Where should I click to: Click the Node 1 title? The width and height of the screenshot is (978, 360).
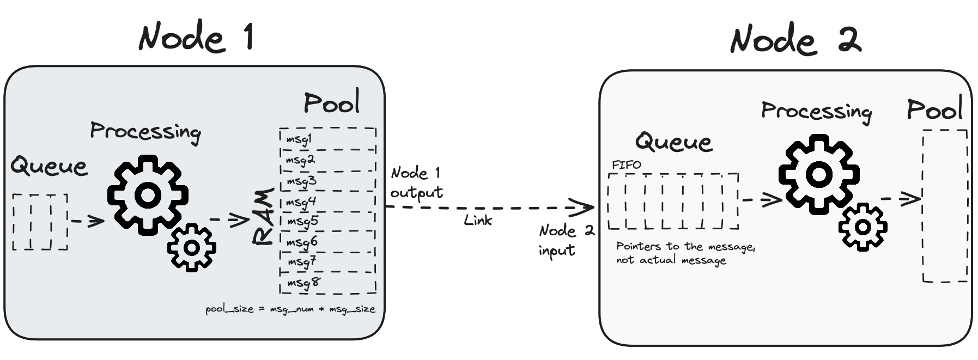[x=196, y=37]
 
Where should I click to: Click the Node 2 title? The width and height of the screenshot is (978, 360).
[x=795, y=40]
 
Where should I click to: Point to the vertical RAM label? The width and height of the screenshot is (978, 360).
[x=264, y=217]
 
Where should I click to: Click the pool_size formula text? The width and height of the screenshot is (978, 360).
[x=290, y=309]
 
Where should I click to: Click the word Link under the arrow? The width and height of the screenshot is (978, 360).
[x=477, y=220]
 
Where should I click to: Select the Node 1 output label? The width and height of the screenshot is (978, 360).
[x=416, y=183]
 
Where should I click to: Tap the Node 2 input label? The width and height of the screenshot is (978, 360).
[x=566, y=240]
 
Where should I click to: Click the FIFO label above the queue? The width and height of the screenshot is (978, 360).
[x=627, y=164]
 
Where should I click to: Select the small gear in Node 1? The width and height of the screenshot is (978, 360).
[x=191, y=248]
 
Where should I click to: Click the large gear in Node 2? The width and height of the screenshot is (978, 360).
[x=818, y=174]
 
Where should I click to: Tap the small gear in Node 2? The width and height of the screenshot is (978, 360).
[x=863, y=227]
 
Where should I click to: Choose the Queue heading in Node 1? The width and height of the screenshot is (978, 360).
[x=49, y=166]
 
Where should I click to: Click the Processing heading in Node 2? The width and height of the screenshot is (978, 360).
[x=816, y=112]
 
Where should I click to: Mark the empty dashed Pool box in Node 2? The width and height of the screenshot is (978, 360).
[x=945, y=206]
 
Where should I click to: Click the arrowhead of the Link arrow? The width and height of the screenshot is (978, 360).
[x=587, y=207]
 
